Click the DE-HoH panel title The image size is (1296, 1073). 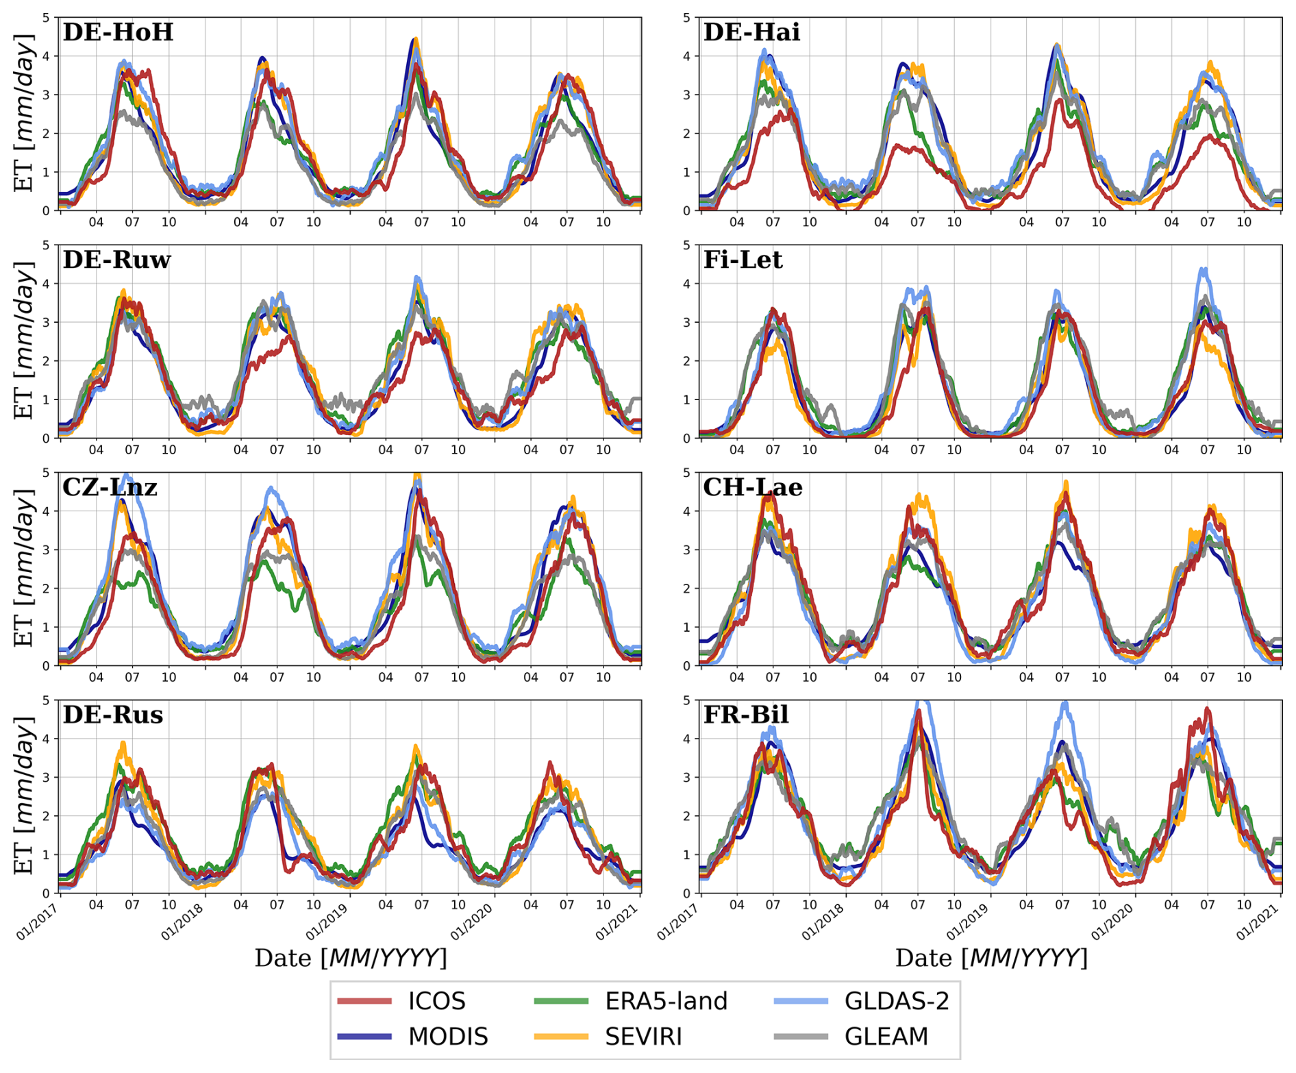[x=118, y=32]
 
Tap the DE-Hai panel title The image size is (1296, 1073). [x=751, y=32]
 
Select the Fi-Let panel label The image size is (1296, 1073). [x=743, y=260]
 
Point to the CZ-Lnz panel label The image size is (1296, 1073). [x=110, y=487]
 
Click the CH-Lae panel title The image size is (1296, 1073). [x=752, y=487]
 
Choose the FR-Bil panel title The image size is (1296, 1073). [x=746, y=715]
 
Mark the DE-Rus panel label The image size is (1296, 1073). [x=112, y=715]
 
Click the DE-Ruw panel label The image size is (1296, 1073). [x=116, y=260]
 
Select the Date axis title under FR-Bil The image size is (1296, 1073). [x=990, y=958]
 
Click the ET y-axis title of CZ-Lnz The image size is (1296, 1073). [x=25, y=568]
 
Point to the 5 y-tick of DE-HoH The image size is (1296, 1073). [x=46, y=17]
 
